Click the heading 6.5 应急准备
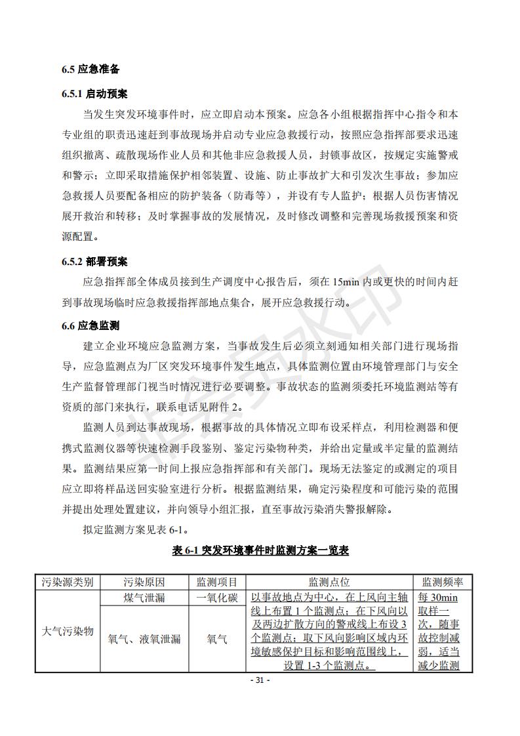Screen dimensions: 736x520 tap(90, 70)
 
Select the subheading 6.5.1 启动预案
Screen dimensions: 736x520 tap(94, 94)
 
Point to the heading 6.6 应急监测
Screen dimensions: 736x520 tap(90, 325)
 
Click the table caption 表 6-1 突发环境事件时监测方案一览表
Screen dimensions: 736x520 tap(260, 550)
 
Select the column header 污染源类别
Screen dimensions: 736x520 tap(68, 582)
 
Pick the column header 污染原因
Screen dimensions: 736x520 tap(144, 582)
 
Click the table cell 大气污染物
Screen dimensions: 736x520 tap(68, 632)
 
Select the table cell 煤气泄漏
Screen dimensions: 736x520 tap(144, 598)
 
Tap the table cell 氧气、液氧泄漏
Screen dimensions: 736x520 tap(144, 639)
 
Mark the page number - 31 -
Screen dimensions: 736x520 tap(260, 680)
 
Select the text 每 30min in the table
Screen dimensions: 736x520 tap(437, 598)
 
